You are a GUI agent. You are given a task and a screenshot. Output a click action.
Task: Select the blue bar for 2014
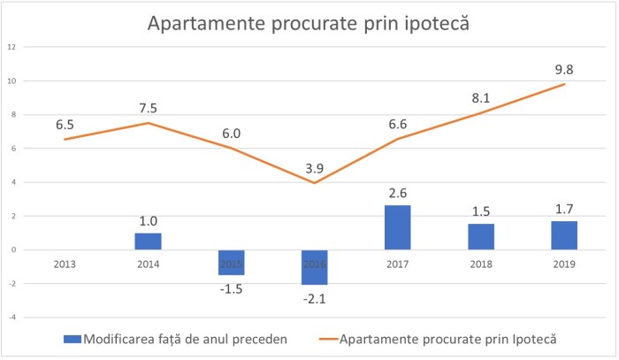tap(148, 241)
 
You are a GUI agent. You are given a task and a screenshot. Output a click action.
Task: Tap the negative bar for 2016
tap(314, 267)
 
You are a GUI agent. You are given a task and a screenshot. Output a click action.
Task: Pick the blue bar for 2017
tap(398, 227)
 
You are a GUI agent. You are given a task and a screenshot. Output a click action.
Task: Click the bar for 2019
tap(564, 235)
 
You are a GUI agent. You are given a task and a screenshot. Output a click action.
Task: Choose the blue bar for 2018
tap(481, 237)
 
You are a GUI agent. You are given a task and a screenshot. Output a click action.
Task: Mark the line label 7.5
tap(148, 108)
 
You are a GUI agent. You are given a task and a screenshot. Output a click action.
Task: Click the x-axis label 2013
tap(65, 264)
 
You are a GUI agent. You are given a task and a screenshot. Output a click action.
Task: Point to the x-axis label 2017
tap(398, 264)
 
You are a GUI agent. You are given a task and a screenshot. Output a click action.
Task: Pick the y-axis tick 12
tap(11, 47)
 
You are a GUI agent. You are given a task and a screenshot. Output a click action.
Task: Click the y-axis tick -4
tap(11, 317)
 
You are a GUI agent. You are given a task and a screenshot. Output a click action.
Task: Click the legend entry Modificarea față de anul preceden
tap(177, 340)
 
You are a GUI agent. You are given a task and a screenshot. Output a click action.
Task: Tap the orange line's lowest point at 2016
tap(314, 183)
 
